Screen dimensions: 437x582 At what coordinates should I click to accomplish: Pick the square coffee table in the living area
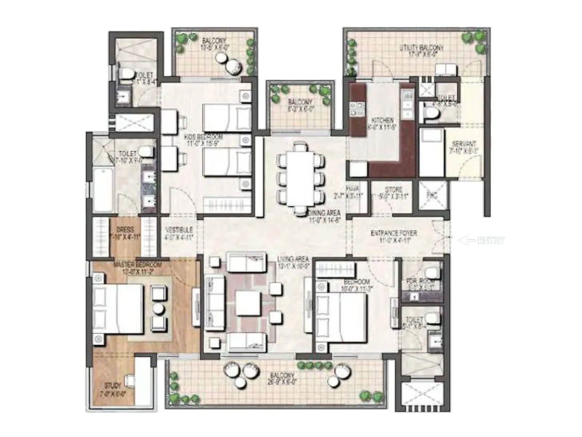[x=248, y=303]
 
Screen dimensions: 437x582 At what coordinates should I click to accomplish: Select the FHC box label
[x=432, y=196]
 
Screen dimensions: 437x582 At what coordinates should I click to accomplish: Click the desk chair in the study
[x=130, y=381]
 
